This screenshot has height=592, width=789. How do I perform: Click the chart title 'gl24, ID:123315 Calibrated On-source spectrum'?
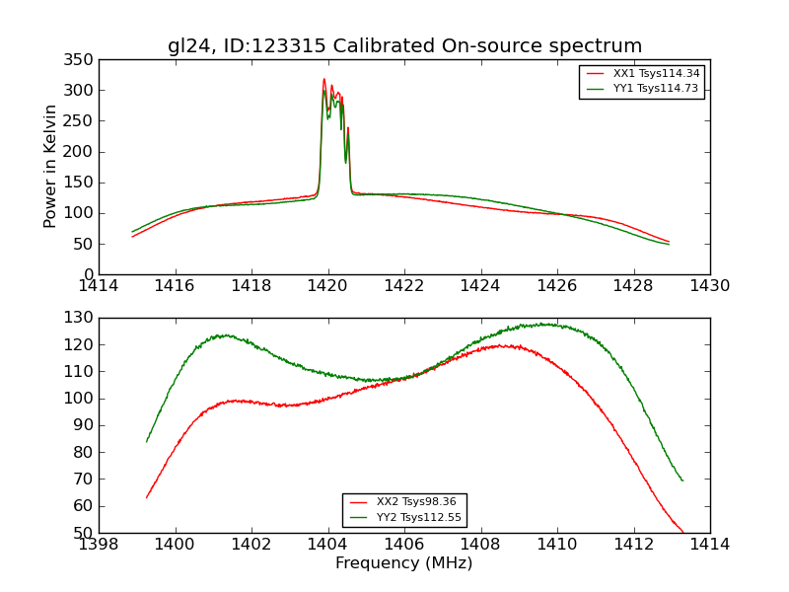pos(404,46)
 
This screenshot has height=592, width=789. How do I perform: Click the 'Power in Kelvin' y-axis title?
pos(51,167)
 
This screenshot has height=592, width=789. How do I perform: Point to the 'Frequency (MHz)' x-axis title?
pos(404,563)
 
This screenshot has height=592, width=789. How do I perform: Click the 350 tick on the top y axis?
pos(81,60)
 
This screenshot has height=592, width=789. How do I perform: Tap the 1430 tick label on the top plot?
pos(709,286)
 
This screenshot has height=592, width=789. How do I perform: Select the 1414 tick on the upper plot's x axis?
pos(100,286)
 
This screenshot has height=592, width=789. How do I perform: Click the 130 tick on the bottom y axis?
pos(81,318)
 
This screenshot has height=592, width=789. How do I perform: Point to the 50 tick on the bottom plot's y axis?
pos(85,533)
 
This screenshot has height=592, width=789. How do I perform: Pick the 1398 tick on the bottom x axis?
pos(100,545)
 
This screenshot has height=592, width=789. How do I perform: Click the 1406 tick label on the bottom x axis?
pos(404,545)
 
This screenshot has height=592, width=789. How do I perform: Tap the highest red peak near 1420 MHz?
pos(323,80)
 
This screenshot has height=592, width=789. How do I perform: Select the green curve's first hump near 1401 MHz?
pos(226,335)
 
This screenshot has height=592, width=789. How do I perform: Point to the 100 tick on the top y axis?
pos(81,213)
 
